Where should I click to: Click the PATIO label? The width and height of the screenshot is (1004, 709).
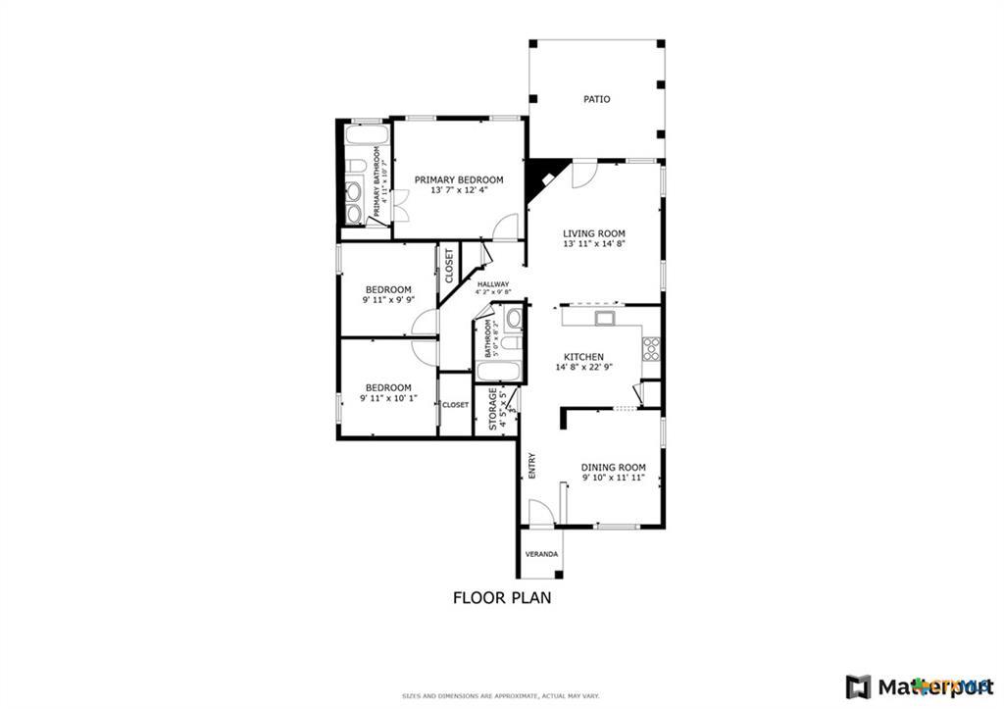point(596,99)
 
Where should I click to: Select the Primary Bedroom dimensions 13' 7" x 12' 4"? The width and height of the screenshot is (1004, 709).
point(459,190)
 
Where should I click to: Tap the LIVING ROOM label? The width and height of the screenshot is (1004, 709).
point(594,233)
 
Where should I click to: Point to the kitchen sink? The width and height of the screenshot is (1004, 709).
point(605,317)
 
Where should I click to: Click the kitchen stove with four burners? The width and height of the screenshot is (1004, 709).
point(651,348)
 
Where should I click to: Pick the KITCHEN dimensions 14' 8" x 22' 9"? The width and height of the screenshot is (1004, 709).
point(596,368)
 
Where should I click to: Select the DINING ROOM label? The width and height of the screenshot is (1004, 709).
point(613,467)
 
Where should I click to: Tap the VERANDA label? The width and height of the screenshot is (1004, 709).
point(541,554)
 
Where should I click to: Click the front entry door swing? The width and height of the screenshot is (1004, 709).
point(540,513)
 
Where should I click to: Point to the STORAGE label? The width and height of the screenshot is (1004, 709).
point(492,410)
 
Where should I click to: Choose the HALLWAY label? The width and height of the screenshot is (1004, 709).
point(493,284)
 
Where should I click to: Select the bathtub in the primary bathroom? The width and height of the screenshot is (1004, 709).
point(367,133)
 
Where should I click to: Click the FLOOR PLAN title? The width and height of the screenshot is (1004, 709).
point(501,597)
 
